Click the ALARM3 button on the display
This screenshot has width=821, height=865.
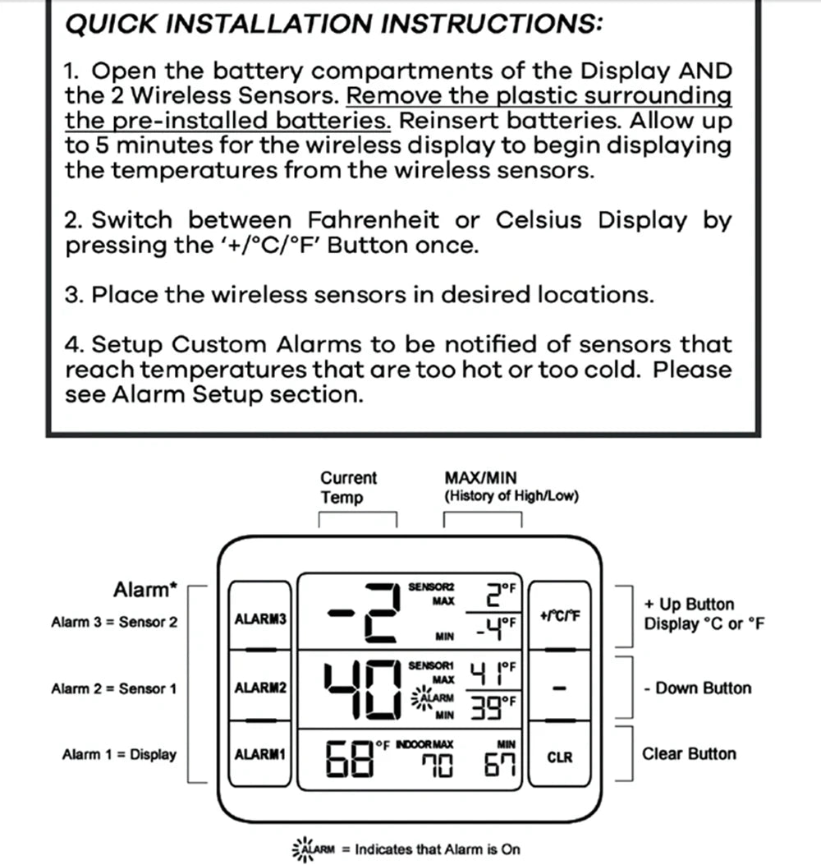click(260, 618)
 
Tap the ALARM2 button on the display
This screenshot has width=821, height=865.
click(260, 687)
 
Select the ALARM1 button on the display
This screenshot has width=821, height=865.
click(260, 753)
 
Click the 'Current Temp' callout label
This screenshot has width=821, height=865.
click(348, 488)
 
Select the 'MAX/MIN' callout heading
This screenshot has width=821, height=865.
click(480, 478)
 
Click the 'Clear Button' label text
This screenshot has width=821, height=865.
click(689, 753)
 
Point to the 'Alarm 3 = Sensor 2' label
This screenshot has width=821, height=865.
click(113, 622)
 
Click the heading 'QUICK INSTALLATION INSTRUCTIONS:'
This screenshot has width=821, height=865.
click(333, 24)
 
